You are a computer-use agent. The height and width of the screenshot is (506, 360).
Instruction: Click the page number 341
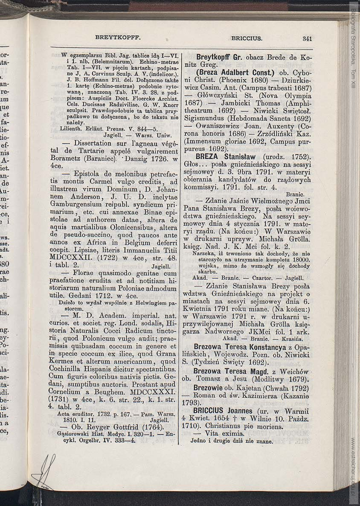[307, 38]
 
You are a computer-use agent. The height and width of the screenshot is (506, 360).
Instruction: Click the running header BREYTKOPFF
[118, 37]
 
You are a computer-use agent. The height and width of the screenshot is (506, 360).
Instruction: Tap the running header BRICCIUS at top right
[247, 38]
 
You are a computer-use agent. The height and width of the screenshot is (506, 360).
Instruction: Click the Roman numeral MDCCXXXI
[154, 391]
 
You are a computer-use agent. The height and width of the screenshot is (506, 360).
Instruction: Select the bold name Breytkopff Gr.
[217, 57]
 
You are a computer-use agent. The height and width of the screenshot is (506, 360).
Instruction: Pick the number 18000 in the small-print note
[300, 259]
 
